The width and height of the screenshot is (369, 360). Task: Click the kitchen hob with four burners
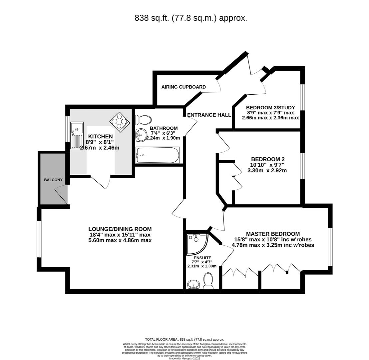coord(120,122)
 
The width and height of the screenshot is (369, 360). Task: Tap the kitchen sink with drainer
coord(77,135)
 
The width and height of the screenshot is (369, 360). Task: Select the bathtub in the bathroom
coord(158,155)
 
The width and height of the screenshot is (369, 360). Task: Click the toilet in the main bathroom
coord(143,120)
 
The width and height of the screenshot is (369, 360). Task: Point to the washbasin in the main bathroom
coord(141,135)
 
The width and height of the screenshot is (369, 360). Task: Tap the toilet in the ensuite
coord(208,281)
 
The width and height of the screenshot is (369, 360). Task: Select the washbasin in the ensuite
coord(193,284)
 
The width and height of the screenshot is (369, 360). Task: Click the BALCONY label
coord(53,180)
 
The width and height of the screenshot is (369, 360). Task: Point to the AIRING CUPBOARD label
coord(184,87)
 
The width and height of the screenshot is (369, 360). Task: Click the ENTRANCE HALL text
coord(209,115)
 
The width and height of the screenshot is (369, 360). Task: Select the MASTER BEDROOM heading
coord(273,234)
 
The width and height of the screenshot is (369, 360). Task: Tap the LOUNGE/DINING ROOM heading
coord(120,229)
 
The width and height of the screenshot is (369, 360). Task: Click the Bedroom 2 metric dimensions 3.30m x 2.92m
coord(267,170)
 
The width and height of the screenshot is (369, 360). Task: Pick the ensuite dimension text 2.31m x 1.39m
coord(202,266)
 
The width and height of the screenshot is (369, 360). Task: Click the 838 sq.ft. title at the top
coord(191,18)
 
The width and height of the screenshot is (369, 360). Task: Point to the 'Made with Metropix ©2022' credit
coord(184,358)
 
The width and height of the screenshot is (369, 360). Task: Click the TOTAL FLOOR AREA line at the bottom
coord(184,339)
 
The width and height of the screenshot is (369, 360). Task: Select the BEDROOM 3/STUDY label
coord(270,108)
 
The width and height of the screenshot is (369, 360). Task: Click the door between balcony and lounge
coord(61,195)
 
